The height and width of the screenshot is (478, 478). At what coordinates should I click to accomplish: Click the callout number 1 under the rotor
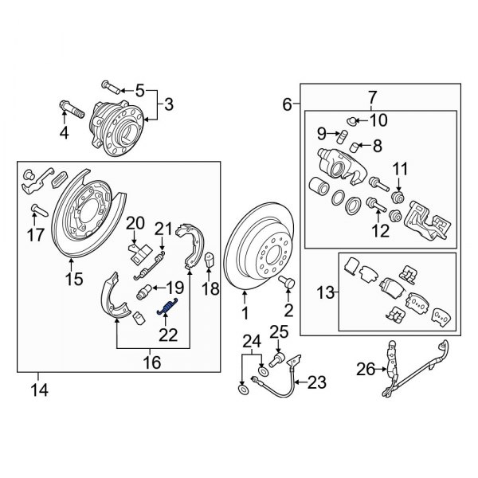point(245,314)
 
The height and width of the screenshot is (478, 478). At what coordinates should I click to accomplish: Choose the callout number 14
point(37,390)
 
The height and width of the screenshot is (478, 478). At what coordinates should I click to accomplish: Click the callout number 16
point(151,362)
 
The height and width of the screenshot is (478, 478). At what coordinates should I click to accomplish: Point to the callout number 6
point(286,104)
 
